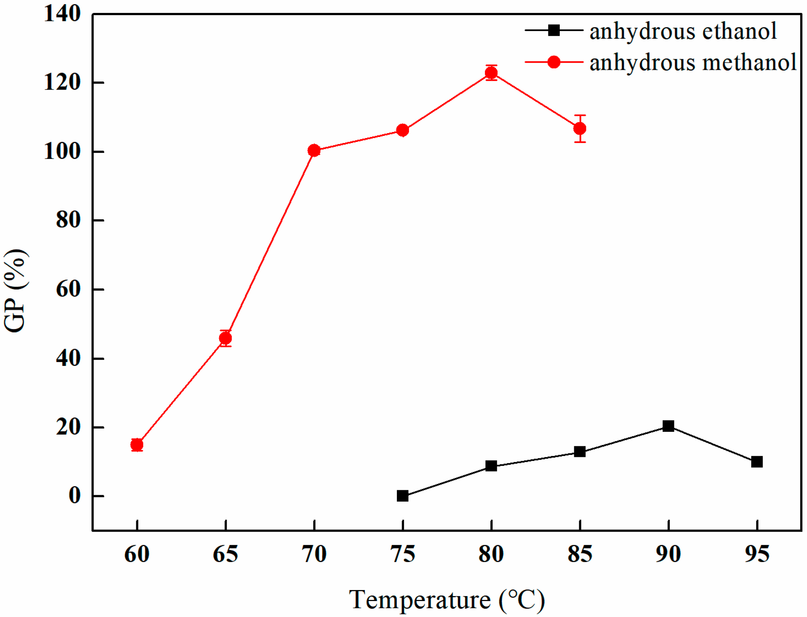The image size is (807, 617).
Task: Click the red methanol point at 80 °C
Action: [x=491, y=72]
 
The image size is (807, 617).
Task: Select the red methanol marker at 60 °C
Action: [x=137, y=444]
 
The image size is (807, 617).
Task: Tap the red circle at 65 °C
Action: [x=225, y=338]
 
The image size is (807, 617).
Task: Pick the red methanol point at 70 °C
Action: [x=314, y=150]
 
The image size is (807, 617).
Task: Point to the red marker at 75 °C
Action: [x=402, y=130]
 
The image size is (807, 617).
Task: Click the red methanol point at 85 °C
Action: [x=580, y=129]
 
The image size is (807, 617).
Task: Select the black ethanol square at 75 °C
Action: [x=402, y=496]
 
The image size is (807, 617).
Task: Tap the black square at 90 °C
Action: [x=668, y=426]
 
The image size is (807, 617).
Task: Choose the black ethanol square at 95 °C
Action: [x=756, y=461]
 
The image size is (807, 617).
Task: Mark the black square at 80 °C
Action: [x=491, y=466]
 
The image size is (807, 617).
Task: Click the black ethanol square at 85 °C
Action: [x=580, y=452]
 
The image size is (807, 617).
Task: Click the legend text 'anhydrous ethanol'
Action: [x=682, y=31]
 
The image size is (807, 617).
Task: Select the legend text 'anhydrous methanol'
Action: [x=692, y=63]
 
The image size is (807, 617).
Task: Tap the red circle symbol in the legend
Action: [x=554, y=62]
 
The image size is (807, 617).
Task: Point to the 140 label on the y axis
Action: [x=62, y=14]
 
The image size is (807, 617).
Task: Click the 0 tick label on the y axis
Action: [x=74, y=496]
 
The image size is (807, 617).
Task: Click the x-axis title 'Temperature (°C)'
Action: [x=447, y=600]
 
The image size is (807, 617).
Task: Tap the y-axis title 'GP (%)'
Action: [x=15, y=291]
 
